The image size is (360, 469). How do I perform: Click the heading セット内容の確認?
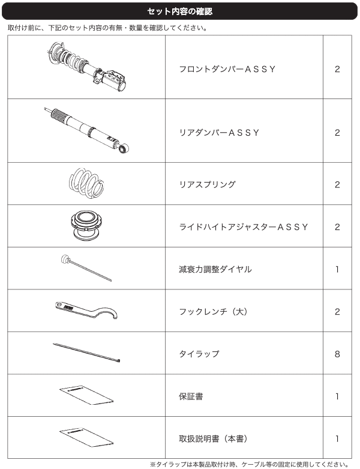(179, 11)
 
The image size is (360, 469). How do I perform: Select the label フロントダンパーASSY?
(227, 69)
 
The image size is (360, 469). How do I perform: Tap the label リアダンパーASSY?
(219, 133)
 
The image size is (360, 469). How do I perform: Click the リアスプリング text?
(208, 184)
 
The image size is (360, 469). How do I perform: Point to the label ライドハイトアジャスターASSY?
(244, 227)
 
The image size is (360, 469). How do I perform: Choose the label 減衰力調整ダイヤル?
(215, 269)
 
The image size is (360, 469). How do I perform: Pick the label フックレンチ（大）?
(214, 312)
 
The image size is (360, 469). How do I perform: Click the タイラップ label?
(199, 354)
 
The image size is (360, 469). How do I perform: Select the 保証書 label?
(191, 396)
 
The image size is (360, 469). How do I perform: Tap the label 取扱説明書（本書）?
(214, 439)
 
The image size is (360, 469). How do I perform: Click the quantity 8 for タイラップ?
(337, 354)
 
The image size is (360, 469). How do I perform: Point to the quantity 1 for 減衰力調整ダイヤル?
(337, 269)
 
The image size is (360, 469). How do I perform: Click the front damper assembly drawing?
(88, 67)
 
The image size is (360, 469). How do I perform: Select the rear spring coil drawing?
(86, 183)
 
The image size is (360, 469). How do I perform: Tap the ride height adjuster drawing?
(87, 225)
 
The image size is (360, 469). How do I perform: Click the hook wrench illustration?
(86, 310)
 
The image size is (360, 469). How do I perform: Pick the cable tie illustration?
(86, 353)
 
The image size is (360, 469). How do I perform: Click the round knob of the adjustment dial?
(65, 259)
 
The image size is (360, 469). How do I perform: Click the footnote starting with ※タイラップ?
(249, 465)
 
